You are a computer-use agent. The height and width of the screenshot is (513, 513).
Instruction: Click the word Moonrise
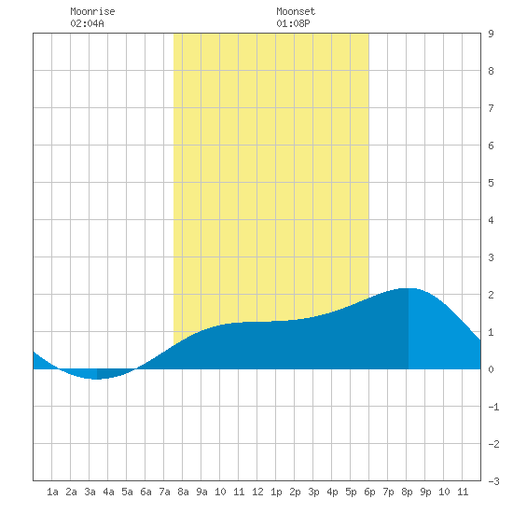coord(92,11)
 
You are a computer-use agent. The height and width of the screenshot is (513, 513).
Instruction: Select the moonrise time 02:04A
coord(87,23)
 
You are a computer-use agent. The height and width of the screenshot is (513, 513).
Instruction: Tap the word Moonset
coord(296,11)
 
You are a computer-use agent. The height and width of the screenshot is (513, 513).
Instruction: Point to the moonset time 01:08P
coord(293,23)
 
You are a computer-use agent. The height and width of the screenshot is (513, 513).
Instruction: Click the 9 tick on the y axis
coord(491,34)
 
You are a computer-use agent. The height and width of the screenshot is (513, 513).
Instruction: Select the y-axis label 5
coord(491,183)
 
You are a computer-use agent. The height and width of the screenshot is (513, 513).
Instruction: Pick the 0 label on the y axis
coord(491,369)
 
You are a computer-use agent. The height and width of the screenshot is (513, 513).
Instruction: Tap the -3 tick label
coord(493,481)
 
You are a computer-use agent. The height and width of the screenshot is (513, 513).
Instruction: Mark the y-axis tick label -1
coord(493,407)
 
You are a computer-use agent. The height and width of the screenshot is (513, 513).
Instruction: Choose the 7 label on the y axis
coord(491,108)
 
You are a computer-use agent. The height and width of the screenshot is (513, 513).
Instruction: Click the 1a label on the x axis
coord(52,492)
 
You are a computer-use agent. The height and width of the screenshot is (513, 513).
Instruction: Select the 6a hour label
coord(146,492)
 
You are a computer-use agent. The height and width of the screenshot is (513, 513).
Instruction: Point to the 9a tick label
coord(201,492)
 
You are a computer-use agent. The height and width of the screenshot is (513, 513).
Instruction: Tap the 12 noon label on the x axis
coord(257,492)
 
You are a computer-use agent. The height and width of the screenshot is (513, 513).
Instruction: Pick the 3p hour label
coord(313,492)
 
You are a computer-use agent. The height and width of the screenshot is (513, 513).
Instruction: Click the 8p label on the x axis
coord(407,492)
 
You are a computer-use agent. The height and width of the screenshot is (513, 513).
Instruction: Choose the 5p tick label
coord(351,492)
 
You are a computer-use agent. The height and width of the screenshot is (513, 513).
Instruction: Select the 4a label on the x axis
coord(108,492)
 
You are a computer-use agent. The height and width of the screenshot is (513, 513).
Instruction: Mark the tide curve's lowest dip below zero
coord(95,380)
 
